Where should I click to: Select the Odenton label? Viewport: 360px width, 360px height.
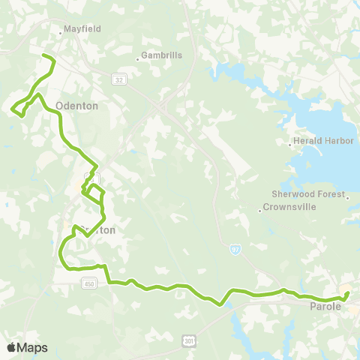[x=76, y=106]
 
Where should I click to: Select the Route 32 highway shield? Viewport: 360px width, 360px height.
[x=120, y=79]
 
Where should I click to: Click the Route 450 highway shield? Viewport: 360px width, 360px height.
[x=89, y=283]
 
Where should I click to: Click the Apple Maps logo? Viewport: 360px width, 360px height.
[x=27, y=347]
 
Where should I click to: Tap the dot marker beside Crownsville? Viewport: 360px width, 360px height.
[x=259, y=211]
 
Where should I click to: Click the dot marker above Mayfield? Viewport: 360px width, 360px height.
[x=60, y=33]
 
